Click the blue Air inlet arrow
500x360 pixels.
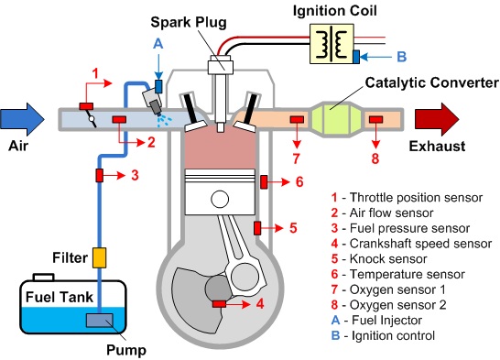(22, 119)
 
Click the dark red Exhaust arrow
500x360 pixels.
(437, 119)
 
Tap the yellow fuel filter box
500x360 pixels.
(99, 257)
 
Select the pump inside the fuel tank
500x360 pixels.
(100, 320)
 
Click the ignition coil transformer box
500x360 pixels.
(332, 44)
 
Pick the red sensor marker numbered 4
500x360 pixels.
(219, 304)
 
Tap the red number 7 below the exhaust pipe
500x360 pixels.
(296, 158)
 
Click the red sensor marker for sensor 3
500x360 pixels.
(100, 175)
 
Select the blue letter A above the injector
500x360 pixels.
(158, 44)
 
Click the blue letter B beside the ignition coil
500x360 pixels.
(402, 57)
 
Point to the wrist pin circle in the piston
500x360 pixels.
(220, 199)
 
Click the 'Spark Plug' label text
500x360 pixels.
(189, 22)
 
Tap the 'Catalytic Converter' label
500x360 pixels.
(431, 82)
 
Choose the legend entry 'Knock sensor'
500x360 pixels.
(388, 259)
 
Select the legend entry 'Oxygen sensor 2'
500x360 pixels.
(398, 305)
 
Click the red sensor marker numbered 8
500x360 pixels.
(376, 120)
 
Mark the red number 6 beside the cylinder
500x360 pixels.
(299, 181)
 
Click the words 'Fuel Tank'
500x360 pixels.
(60, 297)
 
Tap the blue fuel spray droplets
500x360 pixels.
(164, 121)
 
